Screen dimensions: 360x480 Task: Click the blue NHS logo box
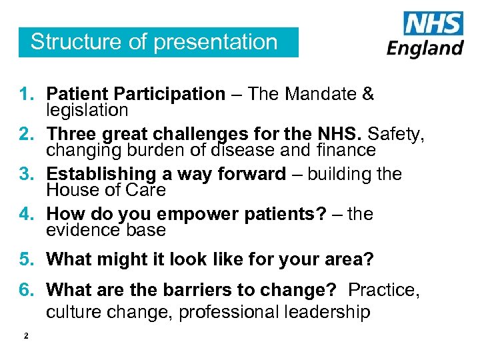coord(433,24)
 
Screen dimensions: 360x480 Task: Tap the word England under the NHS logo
coord(425,48)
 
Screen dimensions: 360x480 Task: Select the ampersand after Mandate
coord(368,95)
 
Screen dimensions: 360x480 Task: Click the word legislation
coord(87,109)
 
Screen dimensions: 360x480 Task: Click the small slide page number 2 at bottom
coord(25,336)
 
